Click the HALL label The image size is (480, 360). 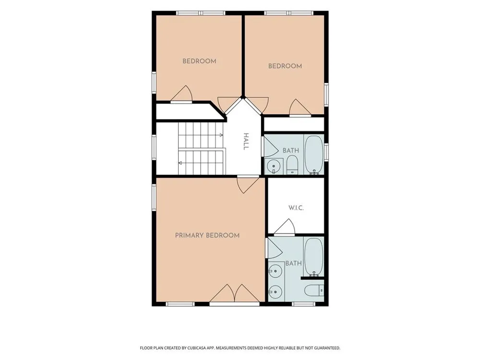coord(246,142)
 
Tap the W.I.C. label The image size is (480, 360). coord(296,208)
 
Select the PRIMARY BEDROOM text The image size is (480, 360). coord(207,235)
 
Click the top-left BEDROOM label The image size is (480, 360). coord(199,61)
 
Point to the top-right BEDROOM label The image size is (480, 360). coord(285,66)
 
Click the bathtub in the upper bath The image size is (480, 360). coord(314,155)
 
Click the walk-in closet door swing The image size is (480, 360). coord(284,227)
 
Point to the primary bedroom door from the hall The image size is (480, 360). coord(248,185)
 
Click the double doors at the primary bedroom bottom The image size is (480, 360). coord(235,293)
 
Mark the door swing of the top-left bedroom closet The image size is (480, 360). coord(181,94)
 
